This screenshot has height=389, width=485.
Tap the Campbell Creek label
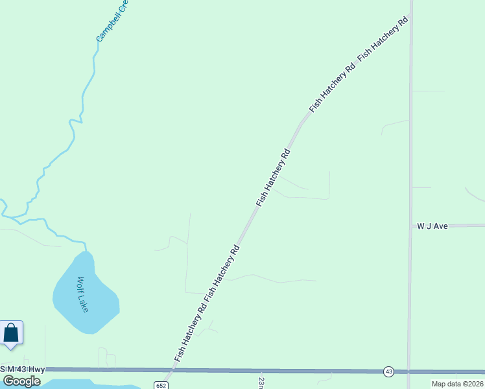tap(112, 22)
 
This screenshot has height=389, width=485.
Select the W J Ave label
tap(432, 226)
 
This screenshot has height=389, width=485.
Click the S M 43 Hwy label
tap(23, 369)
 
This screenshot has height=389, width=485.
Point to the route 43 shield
tap(388, 371)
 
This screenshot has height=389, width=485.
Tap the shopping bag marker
tap(12, 333)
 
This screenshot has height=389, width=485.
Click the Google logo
tap(21, 381)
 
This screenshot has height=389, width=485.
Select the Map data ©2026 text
tap(457, 384)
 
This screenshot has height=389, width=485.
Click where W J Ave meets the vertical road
tap(410, 226)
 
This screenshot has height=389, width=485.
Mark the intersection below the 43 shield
tap(408, 371)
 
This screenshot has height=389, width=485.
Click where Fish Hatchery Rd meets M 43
tap(170, 370)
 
